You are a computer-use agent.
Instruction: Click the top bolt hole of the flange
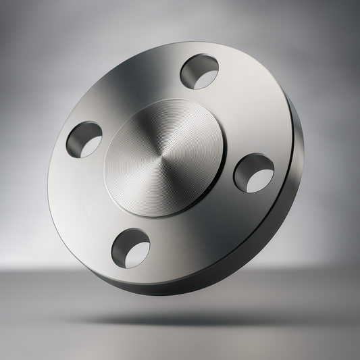(199, 72)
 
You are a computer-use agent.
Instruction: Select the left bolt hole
(84, 139)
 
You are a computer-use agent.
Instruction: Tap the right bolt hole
(254, 172)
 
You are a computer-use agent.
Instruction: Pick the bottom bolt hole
(130, 248)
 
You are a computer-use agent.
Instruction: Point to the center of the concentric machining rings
(161, 163)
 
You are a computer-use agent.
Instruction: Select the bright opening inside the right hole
(260, 179)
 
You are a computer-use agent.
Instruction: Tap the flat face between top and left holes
(128, 88)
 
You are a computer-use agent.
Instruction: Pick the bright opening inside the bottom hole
(137, 255)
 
